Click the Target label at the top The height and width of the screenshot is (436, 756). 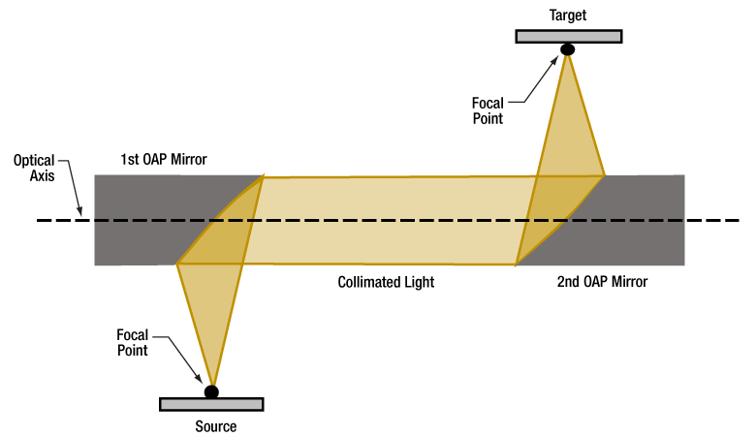568,16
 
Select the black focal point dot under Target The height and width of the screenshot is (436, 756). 568,49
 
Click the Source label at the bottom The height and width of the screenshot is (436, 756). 211,425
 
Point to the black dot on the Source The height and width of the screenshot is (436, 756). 211,391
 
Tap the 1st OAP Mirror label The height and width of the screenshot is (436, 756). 164,159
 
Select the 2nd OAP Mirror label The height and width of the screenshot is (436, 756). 602,282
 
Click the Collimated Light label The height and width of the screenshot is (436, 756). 386,282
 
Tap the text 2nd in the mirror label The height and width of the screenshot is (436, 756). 570,282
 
